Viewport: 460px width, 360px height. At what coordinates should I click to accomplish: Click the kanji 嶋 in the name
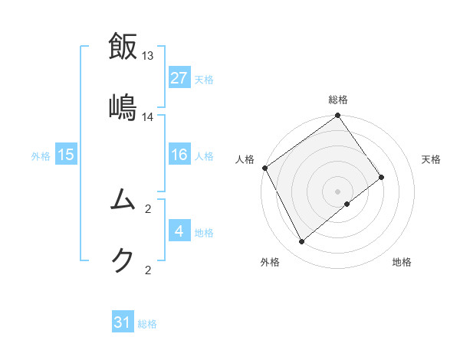click(x=123, y=106)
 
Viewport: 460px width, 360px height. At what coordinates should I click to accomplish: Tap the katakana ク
click(x=123, y=260)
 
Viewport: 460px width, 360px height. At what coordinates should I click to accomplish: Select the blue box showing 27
click(x=179, y=78)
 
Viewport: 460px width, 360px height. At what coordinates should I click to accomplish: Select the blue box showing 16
click(x=179, y=155)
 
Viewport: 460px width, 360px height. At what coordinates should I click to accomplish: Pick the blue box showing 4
click(x=179, y=232)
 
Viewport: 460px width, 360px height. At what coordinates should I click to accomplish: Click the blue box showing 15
click(x=66, y=155)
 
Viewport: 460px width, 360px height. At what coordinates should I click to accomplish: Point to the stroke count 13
click(x=148, y=56)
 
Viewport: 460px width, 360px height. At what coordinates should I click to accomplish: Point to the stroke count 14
click(x=148, y=116)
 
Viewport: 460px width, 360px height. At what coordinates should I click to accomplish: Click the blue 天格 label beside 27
click(x=204, y=79)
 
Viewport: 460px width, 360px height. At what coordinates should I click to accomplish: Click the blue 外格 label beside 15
click(x=41, y=156)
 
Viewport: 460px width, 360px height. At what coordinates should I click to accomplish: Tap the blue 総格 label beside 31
click(x=147, y=324)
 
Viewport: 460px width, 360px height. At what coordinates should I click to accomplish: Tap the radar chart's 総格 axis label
click(x=338, y=100)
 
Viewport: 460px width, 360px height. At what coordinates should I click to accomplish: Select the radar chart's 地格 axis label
click(x=402, y=262)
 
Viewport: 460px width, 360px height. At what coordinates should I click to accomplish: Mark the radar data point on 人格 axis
click(x=265, y=168)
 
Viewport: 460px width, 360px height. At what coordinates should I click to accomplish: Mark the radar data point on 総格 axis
click(x=338, y=116)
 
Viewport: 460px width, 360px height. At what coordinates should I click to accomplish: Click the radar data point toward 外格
click(x=302, y=242)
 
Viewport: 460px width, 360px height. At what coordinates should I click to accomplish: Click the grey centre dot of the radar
click(x=338, y=191)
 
